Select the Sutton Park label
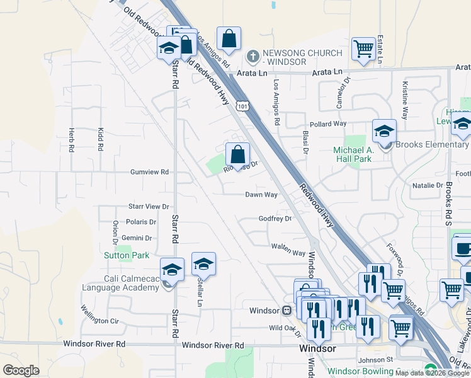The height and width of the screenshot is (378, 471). [x=127, y=255]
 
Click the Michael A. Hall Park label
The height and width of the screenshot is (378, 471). [x=354, y=154]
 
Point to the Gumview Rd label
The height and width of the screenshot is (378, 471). [x=149, y=171]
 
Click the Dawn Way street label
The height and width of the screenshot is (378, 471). [x=261, y=195]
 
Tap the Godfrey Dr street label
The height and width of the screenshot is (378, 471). [x=275, y=219]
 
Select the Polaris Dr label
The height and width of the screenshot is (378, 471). [x=141, y=222]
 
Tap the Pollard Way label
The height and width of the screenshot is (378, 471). [x=328, y=125]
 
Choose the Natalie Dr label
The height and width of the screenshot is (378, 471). [x=428, y=185]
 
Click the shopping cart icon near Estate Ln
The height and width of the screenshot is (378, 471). [x=364, y=49]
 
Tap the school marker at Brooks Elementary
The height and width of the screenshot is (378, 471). [x=384, y=132]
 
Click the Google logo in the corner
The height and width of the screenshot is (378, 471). [x=21, y=370]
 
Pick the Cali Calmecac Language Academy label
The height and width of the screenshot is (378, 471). [x=121, y=283]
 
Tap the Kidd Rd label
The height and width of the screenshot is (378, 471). [x=100, y=139]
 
